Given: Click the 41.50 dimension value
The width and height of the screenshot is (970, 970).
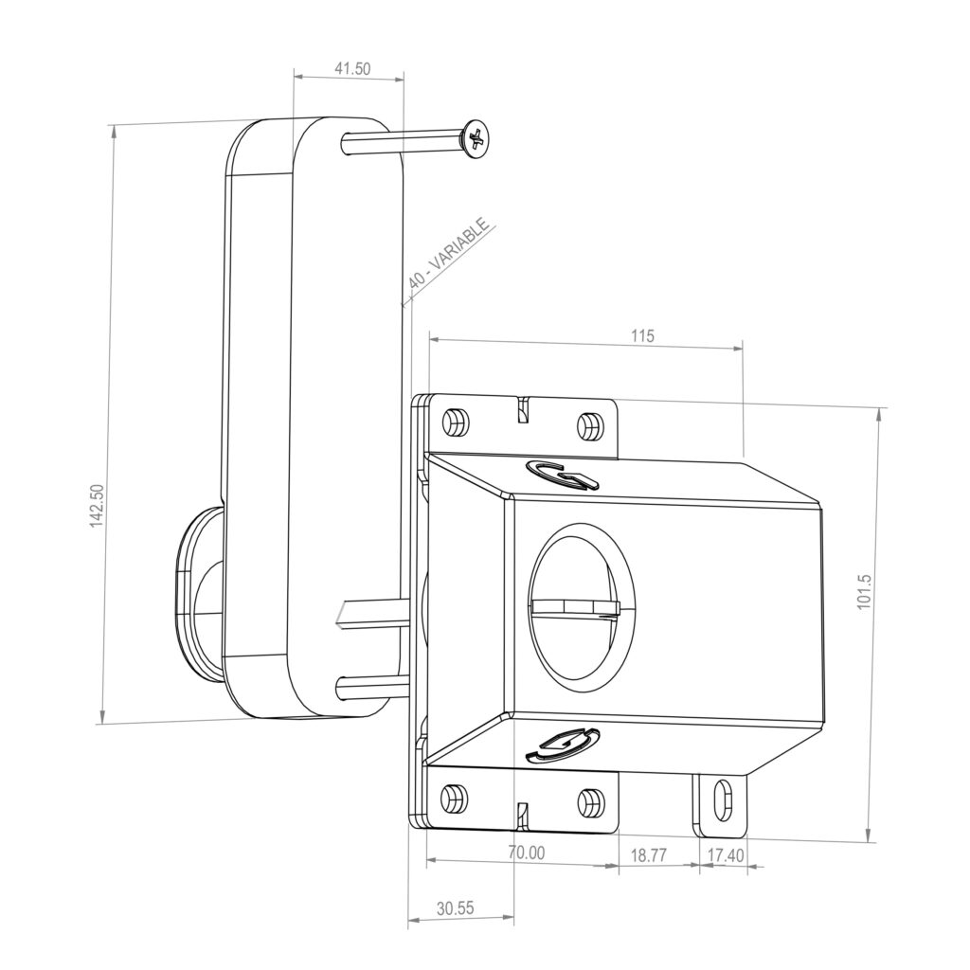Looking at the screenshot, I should (x=352, y=68).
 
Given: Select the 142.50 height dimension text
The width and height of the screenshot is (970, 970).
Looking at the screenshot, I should (x=96, y=507).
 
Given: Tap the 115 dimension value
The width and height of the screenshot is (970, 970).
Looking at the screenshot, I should (x=642, y=335).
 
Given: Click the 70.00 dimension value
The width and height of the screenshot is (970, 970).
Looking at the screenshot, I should (x=526, y=853).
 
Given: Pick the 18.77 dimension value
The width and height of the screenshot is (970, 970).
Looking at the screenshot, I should (x=648, y=854).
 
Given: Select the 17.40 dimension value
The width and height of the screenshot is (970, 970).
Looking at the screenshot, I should (x=726, y=854).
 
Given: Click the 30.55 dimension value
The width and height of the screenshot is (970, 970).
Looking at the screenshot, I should (x=456, y=907).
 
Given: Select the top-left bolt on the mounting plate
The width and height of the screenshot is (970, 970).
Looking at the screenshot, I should (x=455, y=421).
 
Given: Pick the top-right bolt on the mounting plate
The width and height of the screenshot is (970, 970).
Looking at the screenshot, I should (x=589, y=425).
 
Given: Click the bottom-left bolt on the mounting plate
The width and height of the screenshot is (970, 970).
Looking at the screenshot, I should (x=454, y=798).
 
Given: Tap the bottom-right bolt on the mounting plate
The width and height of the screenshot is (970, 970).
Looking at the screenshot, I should (x=589, y=801).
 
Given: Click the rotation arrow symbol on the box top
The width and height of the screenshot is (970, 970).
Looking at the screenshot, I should (x=563, y=476).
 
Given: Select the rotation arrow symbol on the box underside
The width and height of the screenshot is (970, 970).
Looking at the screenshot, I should (x=562, y=745).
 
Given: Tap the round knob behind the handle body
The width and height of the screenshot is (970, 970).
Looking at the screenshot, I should (x=196, y=592).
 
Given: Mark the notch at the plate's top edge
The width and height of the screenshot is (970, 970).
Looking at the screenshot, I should (x=520, y=410).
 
